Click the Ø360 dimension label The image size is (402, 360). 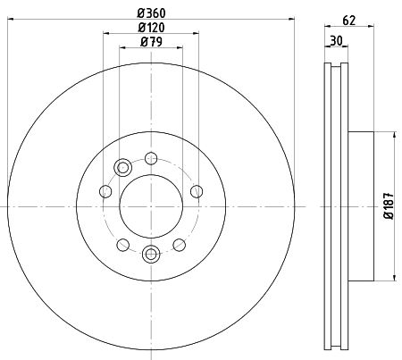pos(151,13)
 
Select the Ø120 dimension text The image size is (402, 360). pos(151,28)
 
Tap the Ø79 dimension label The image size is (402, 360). pos(151,42)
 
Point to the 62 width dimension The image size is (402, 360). pos(349,21)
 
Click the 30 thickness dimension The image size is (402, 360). pos(336,40)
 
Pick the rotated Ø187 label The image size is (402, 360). pos(389,206)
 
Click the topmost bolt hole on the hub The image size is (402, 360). pos(151,158)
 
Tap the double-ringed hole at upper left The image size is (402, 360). pos(122,168)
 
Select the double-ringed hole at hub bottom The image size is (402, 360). pos(151,254)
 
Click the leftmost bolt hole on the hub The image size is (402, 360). pos(105,191)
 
